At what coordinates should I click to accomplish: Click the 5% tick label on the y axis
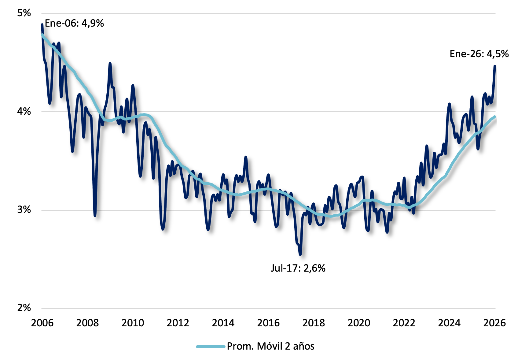[x=24, y=13]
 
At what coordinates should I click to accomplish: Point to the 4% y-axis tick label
[x=24, y=111]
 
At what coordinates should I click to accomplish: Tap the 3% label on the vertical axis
[x=24, y=210]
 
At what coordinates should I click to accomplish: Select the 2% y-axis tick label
[x=24, y=308]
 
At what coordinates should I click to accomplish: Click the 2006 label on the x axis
[x=42, y=323]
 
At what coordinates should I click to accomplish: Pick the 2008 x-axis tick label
[x=87, y=323]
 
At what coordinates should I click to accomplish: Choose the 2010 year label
[x=133, y=323]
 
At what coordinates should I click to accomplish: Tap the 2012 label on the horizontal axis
[x=178, y=323]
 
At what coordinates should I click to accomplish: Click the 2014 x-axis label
[x=223, y=323]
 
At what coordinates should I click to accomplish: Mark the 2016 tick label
[x=268, y=323]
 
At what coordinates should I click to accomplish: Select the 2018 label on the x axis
[x=314, y=323]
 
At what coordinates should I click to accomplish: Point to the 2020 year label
[x=359, y=323]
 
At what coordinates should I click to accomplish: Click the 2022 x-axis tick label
[x=404, y=323]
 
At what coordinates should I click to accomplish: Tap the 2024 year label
[x=449, y=323]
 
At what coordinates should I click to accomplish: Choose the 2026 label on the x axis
[x=494, y=323]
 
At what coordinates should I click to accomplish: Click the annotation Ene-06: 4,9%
[x=74, y=23]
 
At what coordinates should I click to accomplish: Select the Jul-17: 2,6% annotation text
[x=298, y=268]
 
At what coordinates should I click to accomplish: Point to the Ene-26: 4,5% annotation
[x=479, y=54]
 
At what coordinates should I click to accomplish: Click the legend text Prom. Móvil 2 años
[x=270, y=346]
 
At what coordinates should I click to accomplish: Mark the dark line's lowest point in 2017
[x=300, y=254]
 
